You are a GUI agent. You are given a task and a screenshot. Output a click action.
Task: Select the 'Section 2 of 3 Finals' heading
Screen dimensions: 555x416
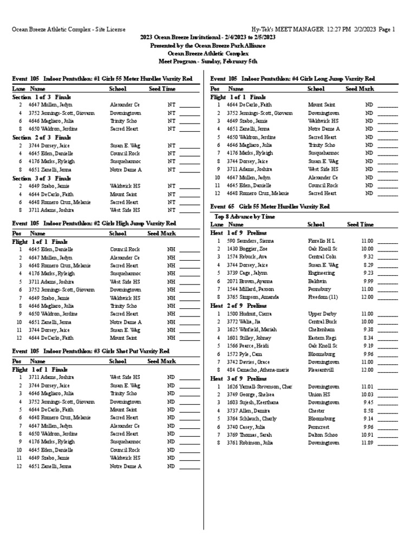click(x=42, y=138)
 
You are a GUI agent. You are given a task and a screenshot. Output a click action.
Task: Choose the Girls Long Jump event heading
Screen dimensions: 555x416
click(x=292, y=79)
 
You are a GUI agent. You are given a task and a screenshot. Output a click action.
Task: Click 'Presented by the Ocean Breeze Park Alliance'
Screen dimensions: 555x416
click(x=208, y=46)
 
